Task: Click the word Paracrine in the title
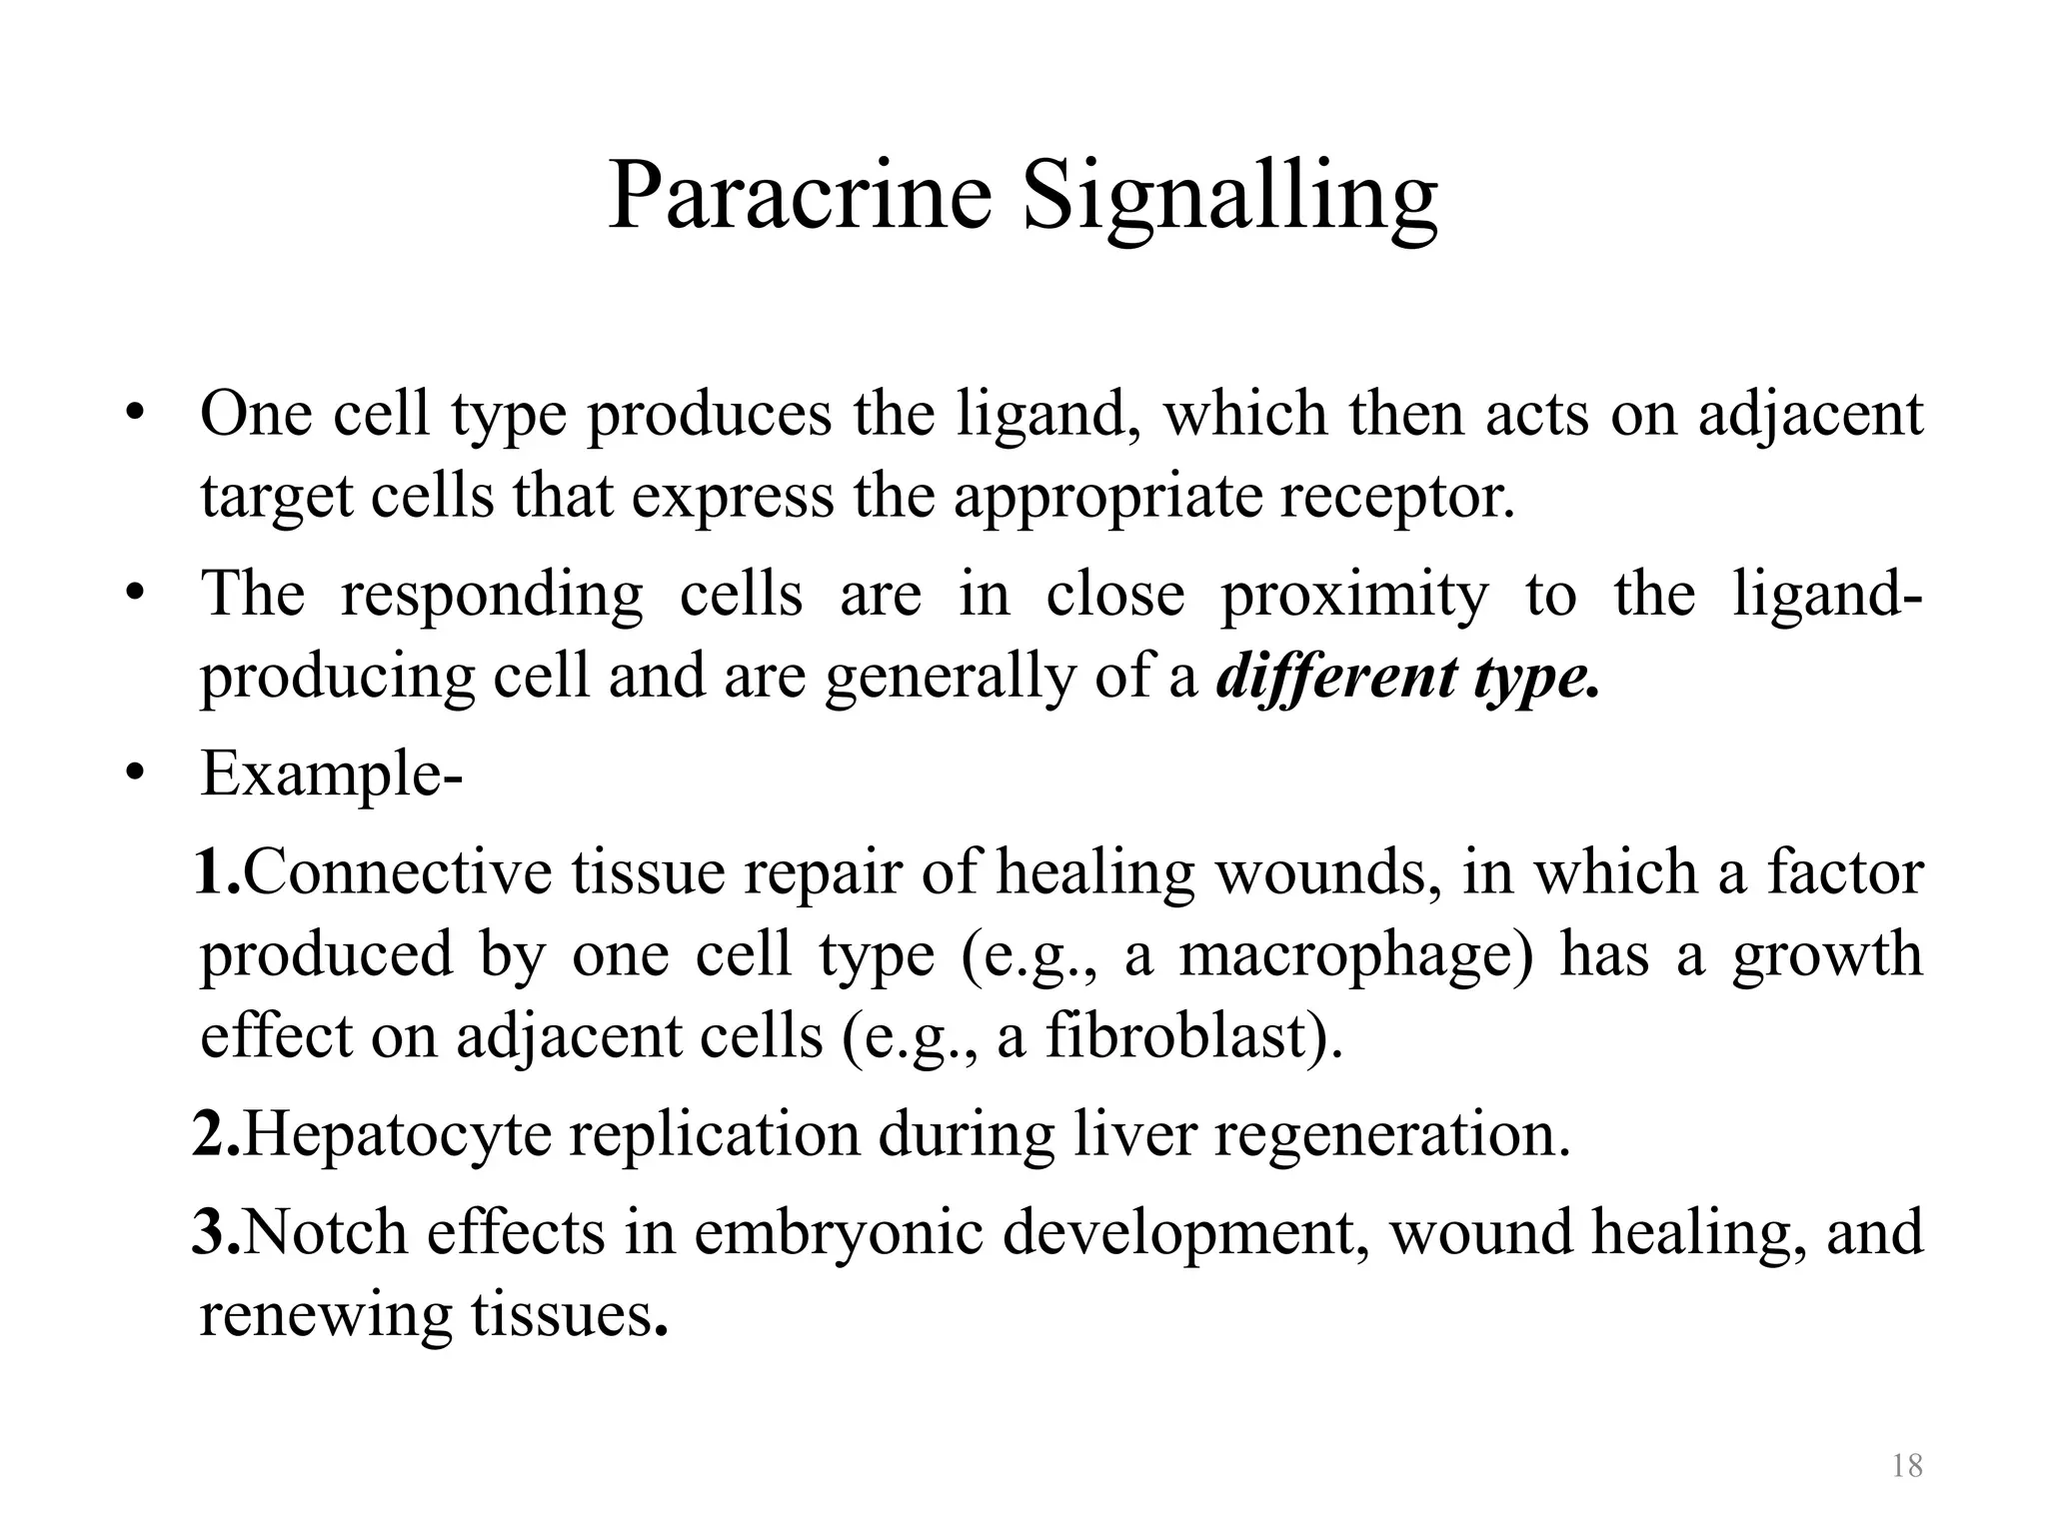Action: tap(800, 195)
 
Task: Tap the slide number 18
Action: tap(1907, 1466)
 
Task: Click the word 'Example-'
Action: tap(331, 774)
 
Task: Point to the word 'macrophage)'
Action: tap(1355, 954)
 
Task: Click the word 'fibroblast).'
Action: tap(1194, 1036)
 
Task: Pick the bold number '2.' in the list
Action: tap(217, 1135)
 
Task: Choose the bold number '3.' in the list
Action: tap(217, 1232)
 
